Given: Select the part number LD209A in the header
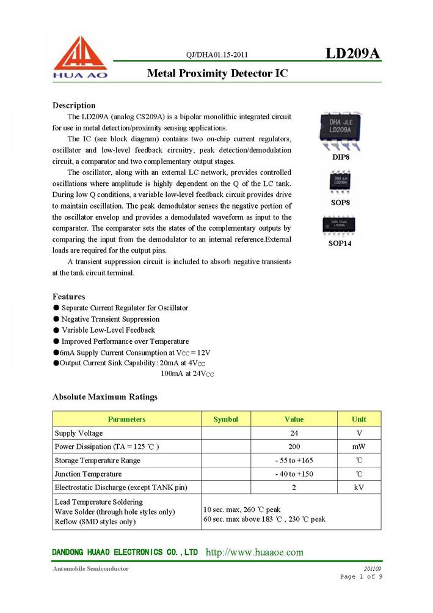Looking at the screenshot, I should pyautogui.click(x=352, y=53).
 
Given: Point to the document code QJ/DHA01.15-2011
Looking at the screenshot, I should pyautogui.click(x=217, y=54).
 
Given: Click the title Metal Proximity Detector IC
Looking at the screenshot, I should pyautogui.click(x=217, y=73).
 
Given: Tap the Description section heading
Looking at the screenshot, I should pyautogui.click(x=74, y=105).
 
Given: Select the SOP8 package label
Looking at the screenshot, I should pyautogui.click(x=340, y=202).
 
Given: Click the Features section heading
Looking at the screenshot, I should pyautogui.click(x=68, y=297).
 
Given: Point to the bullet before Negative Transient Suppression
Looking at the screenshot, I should pyautogui.click(x=56, y=319).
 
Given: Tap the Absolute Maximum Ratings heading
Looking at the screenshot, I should pyautogui.click(x=104, y=397).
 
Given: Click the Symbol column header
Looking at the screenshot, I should pyautogui.click(x=225, y=419).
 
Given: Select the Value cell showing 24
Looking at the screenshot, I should pyautogui.click(x=294, y=433).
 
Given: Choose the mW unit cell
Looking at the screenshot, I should pyautogui.click(x=358, y=447).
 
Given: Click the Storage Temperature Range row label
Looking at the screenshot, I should pyautogui.click(x=97, y=460).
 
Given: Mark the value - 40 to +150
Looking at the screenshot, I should pyautogui.click(x=294, y=474).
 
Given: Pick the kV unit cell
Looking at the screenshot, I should pyautogui.click(x=358, y=488).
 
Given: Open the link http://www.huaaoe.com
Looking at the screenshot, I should pyautogui.click(x=254, y=552).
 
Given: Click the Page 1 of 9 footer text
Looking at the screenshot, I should pyautogui.click(x=361, y=577).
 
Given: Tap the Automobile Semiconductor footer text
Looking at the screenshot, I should pyautogui.click(x=90, y=568).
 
